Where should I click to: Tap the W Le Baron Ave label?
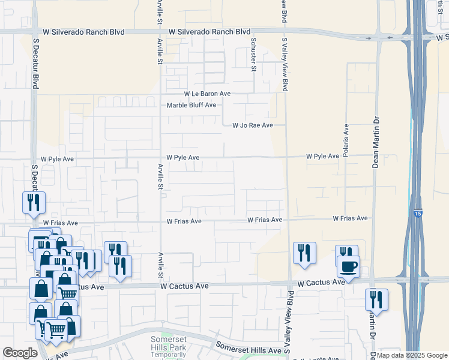pyautogui.click(x=207, y=94)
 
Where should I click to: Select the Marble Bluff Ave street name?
pyautogui.click(x=191, y=105)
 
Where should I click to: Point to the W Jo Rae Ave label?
pyautogui.click(x=253, y=125)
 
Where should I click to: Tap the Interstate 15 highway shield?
pyautogui.click(x=417, y=213)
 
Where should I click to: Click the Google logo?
pyautogui.click(x=20, y=353)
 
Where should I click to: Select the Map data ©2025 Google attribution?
pyautogui.click(x=412, y=355)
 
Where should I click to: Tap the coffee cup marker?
pyautogui.click(x=348, y=266)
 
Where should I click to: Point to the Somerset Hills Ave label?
pyautogui.click(x=249, y=350)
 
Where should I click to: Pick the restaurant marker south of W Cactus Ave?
pyautogui.click(x=376, y=299)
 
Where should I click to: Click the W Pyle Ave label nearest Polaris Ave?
pyautogui.click(x=323, y=156)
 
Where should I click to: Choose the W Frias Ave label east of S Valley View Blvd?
pyautogui.click(x=350, y=218)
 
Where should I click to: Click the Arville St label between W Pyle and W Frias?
pyautogui.click(x=160, y=177)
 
